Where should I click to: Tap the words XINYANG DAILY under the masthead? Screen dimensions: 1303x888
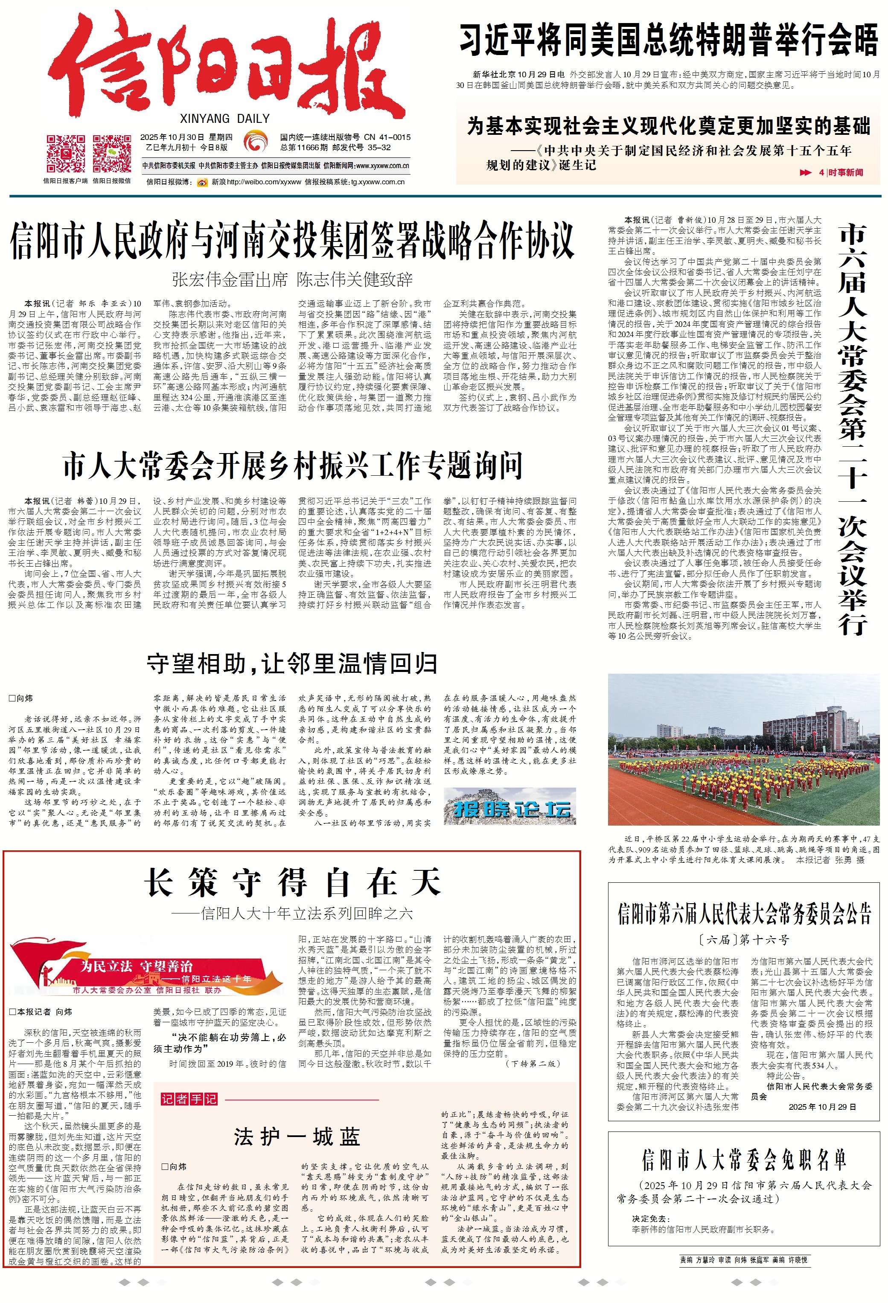point(225,118)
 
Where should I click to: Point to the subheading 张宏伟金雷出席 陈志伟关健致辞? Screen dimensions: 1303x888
point(293,280)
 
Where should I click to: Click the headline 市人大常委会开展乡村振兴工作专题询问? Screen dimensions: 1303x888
point(293,465)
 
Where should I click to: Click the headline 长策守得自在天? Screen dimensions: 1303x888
point(293,882)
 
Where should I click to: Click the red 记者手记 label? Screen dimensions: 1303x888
point(189,1099)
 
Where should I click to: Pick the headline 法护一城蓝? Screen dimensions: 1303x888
point(297,1137)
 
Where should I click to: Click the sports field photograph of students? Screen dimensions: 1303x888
point(744,749)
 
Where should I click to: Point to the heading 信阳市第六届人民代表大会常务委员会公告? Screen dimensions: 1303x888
point(744,914)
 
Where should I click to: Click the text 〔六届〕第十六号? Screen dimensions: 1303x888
point(744,939)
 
